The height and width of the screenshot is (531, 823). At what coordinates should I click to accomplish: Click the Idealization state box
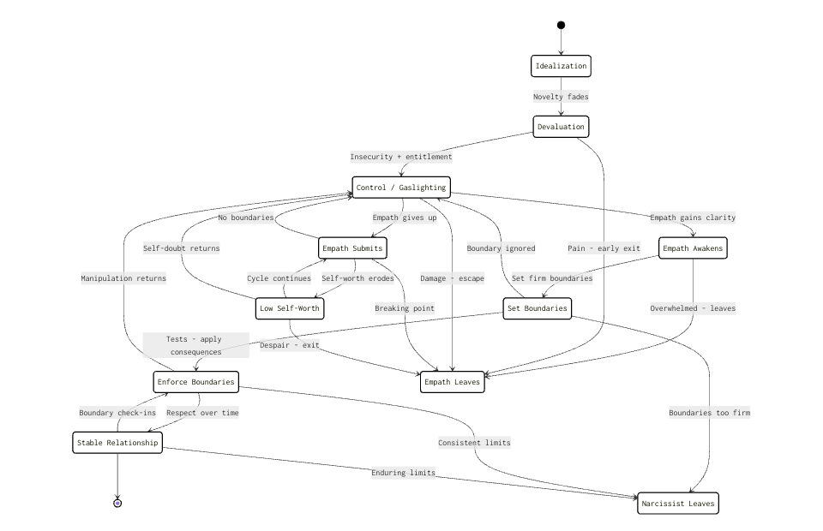point(561,66)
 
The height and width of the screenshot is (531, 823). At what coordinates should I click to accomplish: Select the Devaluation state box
point(561,127)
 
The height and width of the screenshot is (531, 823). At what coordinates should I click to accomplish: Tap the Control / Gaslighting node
point(401,187)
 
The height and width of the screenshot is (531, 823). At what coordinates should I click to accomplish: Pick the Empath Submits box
point(352,248)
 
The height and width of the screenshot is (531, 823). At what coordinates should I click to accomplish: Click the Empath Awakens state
point(693,248)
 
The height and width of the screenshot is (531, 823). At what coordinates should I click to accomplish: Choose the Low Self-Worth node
point(289,308)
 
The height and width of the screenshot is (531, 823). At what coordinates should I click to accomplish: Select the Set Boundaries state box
point(537,308)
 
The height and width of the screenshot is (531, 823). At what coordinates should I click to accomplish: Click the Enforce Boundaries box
point(195,382)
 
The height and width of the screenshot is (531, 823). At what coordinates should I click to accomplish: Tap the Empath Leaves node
point(452,382)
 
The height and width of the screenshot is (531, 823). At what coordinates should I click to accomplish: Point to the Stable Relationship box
point(117,443)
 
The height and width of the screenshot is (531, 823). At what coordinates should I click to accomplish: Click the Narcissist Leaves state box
point(677,504)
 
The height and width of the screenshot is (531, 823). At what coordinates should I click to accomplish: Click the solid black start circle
point(561,25)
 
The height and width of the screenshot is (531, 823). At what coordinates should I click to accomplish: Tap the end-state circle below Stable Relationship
point(117,504)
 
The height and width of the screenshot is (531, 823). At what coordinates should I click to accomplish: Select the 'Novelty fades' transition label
point(561,97)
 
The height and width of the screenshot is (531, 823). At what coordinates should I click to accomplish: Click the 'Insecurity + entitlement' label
point(401,157)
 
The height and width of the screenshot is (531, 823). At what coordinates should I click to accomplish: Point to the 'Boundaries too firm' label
point(709,413)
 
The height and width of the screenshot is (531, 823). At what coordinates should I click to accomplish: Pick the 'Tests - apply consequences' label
point(195,345)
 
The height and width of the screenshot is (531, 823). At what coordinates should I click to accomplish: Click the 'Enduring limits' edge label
point(403,473)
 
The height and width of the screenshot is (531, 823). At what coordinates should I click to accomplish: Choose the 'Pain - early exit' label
point(604,248)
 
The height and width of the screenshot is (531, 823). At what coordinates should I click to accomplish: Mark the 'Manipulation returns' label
point(123,278)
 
